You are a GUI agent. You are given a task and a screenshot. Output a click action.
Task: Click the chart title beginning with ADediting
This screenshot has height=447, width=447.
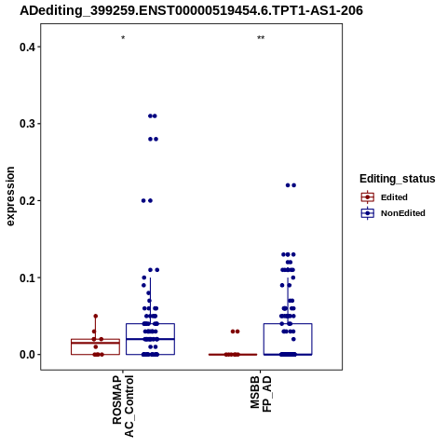coord(191,11)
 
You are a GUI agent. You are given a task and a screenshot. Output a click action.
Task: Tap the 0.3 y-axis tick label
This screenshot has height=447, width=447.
coord(26,124)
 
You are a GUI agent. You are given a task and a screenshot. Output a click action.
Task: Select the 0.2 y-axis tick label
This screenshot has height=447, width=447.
coord(26,201)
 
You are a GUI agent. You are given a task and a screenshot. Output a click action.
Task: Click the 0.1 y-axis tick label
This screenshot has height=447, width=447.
coord(26,278)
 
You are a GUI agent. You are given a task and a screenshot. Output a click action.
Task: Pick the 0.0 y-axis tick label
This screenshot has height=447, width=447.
coord(26,355)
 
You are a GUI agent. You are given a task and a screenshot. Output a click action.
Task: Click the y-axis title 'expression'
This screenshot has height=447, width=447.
coord(10,196)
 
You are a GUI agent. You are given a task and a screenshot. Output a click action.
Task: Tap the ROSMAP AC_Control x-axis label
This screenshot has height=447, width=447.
coord(123,406)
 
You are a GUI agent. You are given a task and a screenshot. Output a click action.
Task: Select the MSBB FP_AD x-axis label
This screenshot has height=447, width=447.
coord(261,394)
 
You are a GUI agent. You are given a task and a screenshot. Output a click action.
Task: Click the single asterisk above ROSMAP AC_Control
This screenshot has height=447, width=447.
coord(123,38)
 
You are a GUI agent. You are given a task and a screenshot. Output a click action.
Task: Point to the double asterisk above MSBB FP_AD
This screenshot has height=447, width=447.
coord(261,38)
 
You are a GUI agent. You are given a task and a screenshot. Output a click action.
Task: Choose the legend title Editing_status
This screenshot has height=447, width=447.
coord(398,179)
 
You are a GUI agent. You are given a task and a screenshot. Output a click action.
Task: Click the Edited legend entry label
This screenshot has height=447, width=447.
coord(394,197)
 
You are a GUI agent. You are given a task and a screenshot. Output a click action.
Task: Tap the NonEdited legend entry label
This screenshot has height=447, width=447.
coord(403,213)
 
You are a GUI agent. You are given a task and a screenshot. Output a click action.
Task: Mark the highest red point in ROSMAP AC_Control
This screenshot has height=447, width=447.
coord(96,316)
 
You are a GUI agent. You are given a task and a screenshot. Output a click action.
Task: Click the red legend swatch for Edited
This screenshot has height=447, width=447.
coord(368,197)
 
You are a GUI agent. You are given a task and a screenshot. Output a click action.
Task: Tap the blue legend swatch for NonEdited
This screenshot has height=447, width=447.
coord(368,213)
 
